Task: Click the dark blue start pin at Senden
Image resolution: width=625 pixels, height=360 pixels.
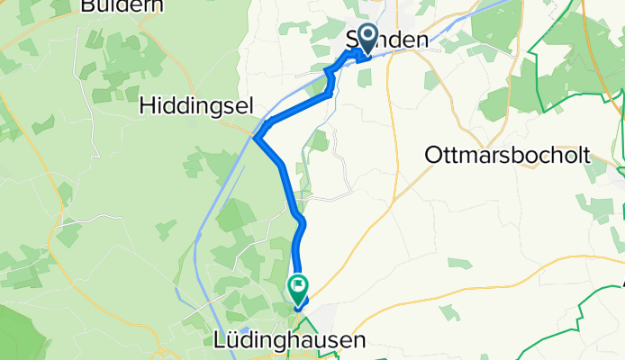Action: pos(368,39)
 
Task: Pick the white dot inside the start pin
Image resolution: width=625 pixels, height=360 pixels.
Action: pos(368,35)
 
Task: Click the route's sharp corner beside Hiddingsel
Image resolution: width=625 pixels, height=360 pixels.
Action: pos(258,138)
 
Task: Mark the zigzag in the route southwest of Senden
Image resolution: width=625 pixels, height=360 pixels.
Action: pos(331,81)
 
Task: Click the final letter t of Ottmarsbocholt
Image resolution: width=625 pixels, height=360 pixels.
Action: pos(585,155)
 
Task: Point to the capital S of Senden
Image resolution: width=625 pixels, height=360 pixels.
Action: pos(352,40)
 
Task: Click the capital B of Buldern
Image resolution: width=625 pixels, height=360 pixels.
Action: pos(86,6)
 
